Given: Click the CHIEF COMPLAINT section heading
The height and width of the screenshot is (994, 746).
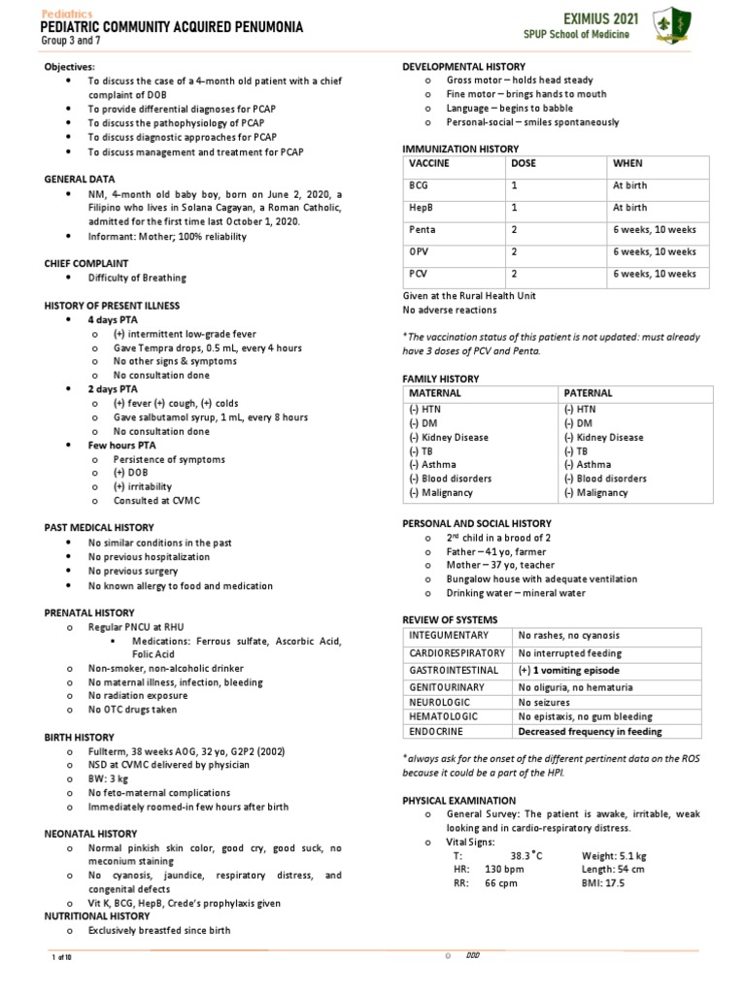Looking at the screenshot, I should [x=86, y=263].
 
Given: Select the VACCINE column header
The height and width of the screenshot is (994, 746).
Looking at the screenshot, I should [x=429, y=164].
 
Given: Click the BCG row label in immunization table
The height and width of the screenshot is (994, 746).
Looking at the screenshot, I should [x=419, y=185].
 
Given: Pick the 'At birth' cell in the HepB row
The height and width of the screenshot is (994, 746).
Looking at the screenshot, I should [x=629, y=208].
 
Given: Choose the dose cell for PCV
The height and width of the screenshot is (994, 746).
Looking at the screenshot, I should [x=515, y=275].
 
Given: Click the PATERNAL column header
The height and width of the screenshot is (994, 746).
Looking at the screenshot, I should [x=591, y=393].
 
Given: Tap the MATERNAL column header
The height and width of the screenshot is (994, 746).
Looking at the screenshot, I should [x=435, y=393].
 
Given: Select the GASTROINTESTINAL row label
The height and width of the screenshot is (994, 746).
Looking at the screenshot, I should [x=455, y=671].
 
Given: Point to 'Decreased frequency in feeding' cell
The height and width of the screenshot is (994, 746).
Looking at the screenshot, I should [x=590, y=732].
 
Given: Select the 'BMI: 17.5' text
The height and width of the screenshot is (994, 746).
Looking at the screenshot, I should [x=603, y=884].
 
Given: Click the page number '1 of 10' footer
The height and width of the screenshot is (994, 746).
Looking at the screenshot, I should [x=62, y=957].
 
